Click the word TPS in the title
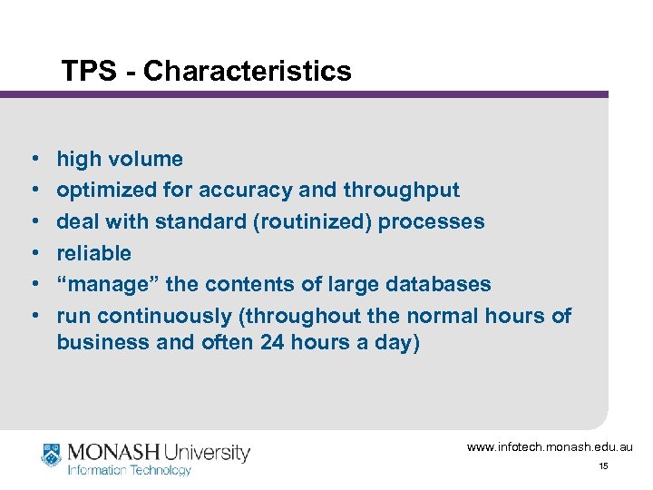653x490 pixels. click(x=87, y=71)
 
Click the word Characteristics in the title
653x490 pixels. click(x=247, y=71)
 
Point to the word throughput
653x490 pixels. click(x=401, y=191)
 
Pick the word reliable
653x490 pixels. click(x=93, y=253)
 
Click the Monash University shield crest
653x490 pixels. click(x=52, y=454)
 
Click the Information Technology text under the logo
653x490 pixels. click(x=130, y=470)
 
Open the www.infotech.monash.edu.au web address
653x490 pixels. click(x=550, y=447)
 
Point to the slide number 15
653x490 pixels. click(x=603, y=466)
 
